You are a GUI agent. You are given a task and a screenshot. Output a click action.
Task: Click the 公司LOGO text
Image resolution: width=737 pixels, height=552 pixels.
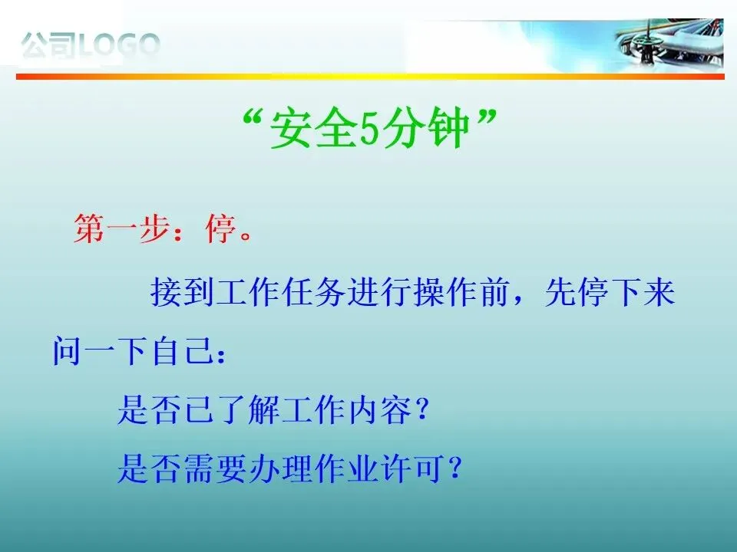91,45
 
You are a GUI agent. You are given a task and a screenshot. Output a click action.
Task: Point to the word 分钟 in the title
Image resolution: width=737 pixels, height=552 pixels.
426,129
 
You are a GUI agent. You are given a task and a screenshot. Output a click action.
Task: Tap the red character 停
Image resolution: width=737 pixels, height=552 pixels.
220,228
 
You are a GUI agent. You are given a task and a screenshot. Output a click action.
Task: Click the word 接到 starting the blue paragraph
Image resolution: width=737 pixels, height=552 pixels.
182,292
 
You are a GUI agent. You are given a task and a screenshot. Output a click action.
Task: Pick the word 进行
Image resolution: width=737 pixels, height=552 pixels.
379,292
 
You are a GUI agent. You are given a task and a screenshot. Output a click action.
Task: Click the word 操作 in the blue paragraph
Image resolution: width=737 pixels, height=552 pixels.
445,292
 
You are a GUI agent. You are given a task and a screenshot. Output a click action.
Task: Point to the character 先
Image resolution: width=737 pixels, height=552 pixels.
560,292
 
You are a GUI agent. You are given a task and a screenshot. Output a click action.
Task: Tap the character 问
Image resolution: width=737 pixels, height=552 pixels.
67,350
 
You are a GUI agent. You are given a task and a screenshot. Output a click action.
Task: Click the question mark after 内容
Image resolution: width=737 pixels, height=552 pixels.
422,409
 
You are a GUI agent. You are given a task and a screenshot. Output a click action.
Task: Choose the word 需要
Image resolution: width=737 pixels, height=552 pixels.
215,468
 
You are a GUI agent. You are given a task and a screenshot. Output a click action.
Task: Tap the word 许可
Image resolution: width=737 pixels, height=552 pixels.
412,468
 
